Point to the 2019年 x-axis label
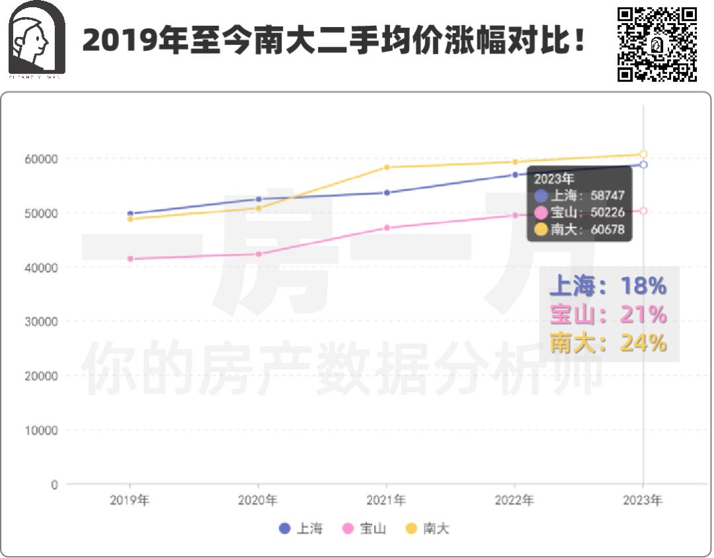tap(130, 500)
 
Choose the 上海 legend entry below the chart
tap(301, 528)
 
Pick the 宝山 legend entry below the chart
tap(364, 528)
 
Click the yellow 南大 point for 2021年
tap(387, 167)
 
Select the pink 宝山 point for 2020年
tap(258, 254)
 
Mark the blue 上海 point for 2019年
tap(130, 214)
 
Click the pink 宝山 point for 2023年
tap(643, 211)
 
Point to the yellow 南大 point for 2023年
tap(643, 154)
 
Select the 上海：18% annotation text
tap(608, 286)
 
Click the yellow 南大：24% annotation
tap(608, 343)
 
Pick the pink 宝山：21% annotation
tap(608, 315)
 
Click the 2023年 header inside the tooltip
tap(554, 179)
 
